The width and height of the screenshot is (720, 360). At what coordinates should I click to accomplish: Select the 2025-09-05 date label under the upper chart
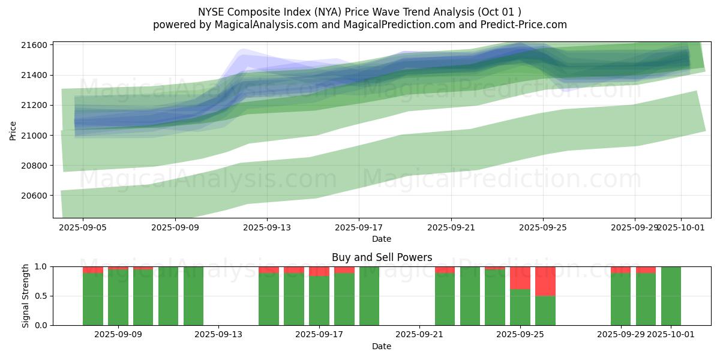[83, 228]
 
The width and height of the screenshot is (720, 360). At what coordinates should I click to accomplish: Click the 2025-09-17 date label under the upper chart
[359, 228]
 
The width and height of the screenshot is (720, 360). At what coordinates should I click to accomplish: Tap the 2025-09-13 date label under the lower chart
[218, 335]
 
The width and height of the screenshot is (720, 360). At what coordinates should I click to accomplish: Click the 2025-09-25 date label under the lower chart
[520, 335]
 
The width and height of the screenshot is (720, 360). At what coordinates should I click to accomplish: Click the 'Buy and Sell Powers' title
[382, 257]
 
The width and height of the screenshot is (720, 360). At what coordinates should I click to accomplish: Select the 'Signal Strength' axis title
[26, 296]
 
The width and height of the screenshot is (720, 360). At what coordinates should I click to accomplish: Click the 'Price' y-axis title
[13, 130]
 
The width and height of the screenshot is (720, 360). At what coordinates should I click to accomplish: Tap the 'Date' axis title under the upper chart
[382, 239]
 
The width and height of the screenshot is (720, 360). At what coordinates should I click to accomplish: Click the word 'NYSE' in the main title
[211, 11]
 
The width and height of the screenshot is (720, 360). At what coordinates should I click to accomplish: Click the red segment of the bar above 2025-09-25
[520, 278]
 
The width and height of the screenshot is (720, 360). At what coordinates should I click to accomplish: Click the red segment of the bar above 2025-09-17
[319, 271]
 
